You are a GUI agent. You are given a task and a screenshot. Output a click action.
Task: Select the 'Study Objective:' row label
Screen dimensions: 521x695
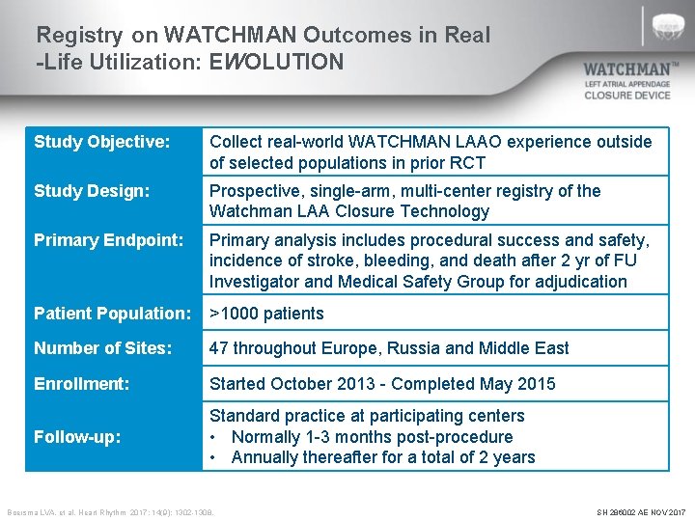101,142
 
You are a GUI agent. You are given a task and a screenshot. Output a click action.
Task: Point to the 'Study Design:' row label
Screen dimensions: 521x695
92,191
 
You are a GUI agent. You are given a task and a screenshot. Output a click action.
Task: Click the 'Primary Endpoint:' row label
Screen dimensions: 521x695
108,239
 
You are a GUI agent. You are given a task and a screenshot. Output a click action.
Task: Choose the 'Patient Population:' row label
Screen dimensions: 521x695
113,314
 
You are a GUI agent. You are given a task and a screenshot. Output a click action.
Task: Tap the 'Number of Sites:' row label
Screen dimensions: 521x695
103,348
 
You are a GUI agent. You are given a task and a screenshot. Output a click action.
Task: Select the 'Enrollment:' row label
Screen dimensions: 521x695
81,384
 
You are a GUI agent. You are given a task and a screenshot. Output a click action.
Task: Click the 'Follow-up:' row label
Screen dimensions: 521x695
77,437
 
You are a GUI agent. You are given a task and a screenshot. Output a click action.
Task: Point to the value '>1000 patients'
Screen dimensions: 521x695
266,314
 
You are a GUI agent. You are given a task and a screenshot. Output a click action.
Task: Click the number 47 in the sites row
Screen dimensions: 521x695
220,348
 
